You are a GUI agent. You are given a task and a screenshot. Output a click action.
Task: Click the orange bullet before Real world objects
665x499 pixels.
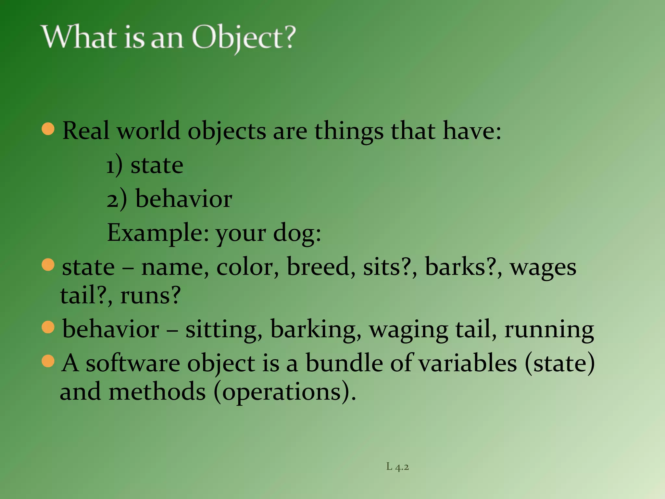(x=48, y=129)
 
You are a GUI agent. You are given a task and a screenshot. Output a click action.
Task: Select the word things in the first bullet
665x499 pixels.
(x=349, y=131)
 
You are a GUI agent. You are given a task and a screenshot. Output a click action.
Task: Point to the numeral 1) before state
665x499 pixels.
(x=115, y=166)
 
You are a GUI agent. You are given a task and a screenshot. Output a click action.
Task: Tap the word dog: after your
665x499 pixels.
(x=297, y=233)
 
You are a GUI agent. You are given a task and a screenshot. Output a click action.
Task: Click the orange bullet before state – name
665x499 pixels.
(x=48, y=265)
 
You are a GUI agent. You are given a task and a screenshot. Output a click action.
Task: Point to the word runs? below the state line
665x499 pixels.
(x=150, y=295)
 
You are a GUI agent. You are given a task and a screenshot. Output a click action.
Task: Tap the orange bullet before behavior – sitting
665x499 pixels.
(x=48, y=327)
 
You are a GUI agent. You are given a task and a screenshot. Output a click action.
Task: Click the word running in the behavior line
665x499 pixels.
(x=549, y=330)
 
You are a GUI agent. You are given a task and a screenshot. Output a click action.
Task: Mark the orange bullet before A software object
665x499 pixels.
(x=48, y=361)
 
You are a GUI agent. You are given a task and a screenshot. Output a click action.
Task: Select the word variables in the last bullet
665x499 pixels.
(x=468, y=363)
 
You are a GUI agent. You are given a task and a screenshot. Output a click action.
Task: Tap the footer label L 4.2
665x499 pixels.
(x=397, y=467)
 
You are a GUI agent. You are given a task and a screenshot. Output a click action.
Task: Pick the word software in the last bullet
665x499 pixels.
(x=133, y=363)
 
